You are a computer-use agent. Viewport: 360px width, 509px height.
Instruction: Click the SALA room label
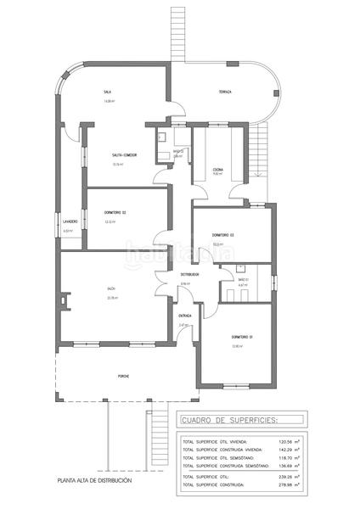(x=108, y=92)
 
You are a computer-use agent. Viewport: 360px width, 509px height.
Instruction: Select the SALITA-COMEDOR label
(x=124, y=155)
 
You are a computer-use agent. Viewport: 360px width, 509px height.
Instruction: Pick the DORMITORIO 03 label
(x=223, y=234)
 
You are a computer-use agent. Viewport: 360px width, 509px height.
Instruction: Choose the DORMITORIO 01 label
(x=243, y=337)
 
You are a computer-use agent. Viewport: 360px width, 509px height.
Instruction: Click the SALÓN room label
(x=110, y=289)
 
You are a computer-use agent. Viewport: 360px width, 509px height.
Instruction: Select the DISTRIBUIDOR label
(x=188, y=275)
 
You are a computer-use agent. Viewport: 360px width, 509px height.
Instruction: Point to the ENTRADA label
(x=185, y=316)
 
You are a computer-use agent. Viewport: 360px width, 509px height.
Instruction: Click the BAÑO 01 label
(x=243, y=279)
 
